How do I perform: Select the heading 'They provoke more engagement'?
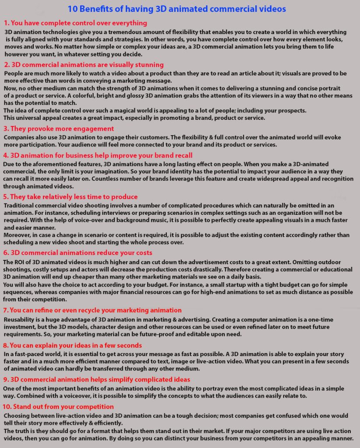(x=62, y=129)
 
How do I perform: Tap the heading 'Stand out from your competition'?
(x=62, y=407)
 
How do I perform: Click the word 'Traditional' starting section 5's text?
(x=21, y=206)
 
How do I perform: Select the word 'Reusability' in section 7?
(x=21, y=320)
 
